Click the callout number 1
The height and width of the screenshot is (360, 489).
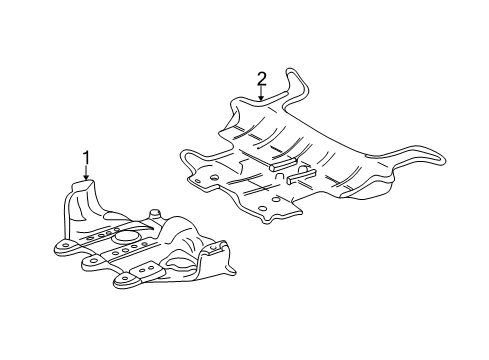(x=86, y=157)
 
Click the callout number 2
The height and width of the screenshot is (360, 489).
(x=262, y=78)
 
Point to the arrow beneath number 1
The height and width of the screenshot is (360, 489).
(x=86, y=172)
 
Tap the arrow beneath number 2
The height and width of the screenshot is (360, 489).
(x=262, y=94)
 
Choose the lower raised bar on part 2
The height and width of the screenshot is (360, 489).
(x=300, y=179)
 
